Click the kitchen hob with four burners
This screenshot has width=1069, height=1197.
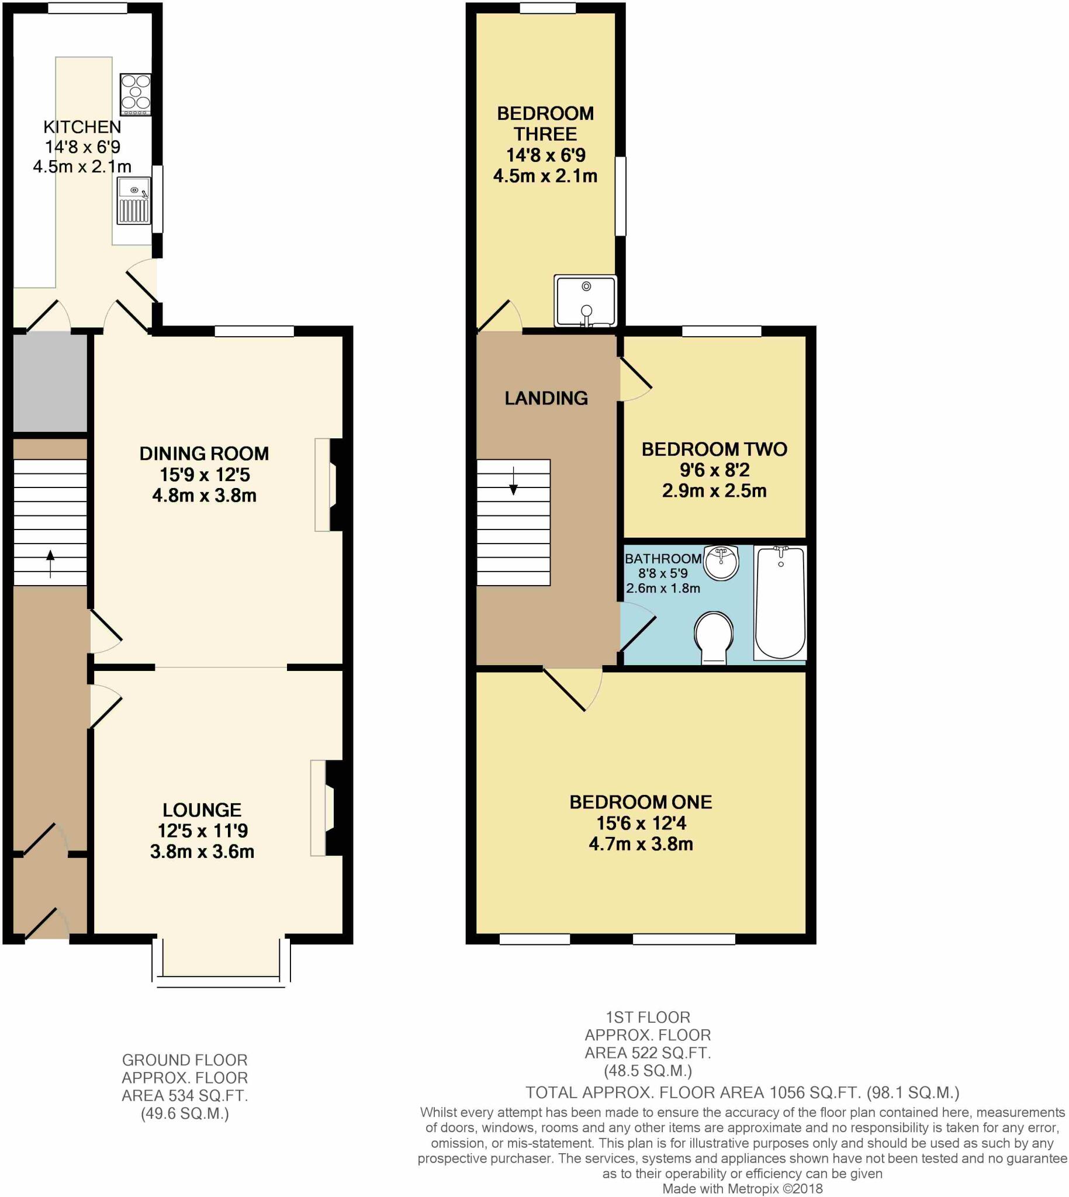pos(135,94)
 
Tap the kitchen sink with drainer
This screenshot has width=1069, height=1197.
pos(133,202)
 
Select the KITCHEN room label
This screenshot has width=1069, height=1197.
pos(82,127)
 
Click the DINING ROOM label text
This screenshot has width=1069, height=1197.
pos(204,454)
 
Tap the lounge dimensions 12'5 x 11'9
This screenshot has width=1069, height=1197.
pos(202,831)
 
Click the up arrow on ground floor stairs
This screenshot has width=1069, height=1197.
pos(50,563)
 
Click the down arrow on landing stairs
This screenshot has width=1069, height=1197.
pos(513,481)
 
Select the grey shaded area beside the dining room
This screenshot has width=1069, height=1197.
pos(50,383)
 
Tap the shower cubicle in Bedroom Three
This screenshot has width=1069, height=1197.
pos(585,301)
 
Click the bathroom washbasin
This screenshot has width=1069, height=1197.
pos(721,562)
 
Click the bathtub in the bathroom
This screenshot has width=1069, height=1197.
pos(780,602)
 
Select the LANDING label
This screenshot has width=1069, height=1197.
pos(546,398)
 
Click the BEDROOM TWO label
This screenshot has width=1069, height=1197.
pos(714,449)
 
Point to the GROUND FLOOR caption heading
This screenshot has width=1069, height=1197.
pos(185,1060)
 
